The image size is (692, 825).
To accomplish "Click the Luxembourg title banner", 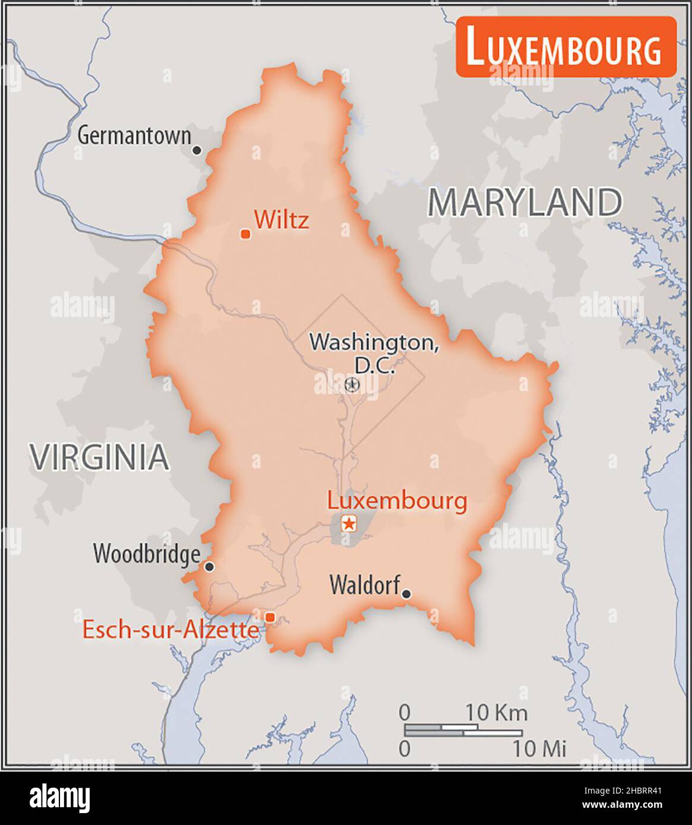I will click(565, 47).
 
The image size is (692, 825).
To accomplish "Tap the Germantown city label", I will click(134, 136).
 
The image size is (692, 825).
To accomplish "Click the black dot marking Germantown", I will click(197, 150).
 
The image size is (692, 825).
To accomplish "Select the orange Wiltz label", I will click(281, 220).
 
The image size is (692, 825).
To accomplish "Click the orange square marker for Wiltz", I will click(245, 234).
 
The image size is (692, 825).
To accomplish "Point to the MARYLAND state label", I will click(524, 202).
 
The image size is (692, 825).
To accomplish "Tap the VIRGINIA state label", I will click(100, 457).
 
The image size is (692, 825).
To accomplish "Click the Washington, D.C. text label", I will click(374, 353).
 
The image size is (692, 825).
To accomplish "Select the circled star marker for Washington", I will click(352, 385).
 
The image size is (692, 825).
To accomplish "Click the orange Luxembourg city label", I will click(397, 500).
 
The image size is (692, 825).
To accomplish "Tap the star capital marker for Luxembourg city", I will click(349, 523).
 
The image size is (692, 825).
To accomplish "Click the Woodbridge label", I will click(146, 554).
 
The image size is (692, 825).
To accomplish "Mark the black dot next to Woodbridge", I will click(209, 567).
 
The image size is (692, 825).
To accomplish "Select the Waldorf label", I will click(364, 585).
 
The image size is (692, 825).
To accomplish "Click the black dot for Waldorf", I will click(406, 594).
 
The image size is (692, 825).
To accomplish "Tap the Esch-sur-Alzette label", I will click(170, 630).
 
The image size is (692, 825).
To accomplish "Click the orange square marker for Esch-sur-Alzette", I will click(270, 617).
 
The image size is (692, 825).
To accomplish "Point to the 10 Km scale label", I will click(496, 712).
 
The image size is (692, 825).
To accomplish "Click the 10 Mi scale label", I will click(539, 748).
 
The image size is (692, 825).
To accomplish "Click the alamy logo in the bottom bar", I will click(60, 798).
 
